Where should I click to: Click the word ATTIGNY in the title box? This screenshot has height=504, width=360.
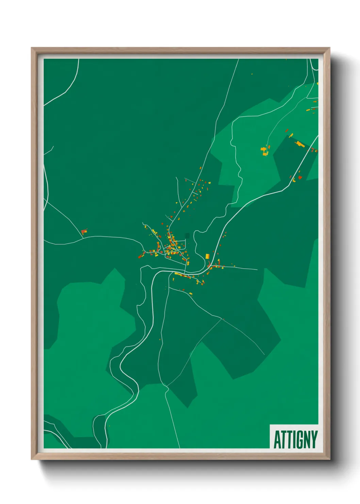[x=295, y=440]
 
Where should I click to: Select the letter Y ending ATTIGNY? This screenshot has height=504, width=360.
[x=314, y=440]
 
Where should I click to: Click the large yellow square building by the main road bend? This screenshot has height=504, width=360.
[x=207, y=256]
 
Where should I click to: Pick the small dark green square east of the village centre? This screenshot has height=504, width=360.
[x=187, y=235]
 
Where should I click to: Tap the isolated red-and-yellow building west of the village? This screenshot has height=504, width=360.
[x=84, y=232]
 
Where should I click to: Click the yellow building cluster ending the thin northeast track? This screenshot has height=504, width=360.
[x=264, y=151]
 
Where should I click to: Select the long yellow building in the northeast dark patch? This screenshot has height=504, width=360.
[x=299, y=144]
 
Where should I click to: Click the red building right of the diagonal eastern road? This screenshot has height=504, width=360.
[x=300, y=177]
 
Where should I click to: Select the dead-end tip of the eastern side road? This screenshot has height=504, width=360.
[x=257, y=270]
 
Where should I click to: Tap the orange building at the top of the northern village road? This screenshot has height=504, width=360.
[x=201, y=168]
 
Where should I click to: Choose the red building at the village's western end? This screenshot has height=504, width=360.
[x=140, y=257]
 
